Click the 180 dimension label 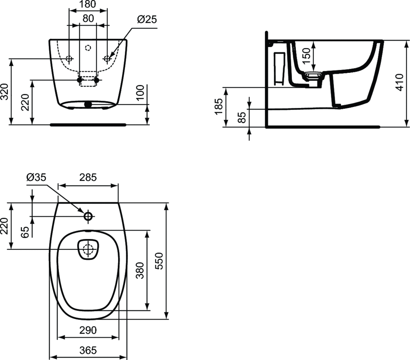(x=88, y=4)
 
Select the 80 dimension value (x=88, y=18)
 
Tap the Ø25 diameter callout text (x=147, y=19)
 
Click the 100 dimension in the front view (x=140, y=92)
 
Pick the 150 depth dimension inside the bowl (x=306, y=55)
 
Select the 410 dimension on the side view (x=399, y=82)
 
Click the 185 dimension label (x=218, y=106)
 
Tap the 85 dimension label (x=242, y=117)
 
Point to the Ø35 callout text (x=36, y=177)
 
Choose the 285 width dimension (x=88, y=177)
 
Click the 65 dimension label (x=25, y=232)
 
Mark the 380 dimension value (x=140, y=270)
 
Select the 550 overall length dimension (x=159, y=261)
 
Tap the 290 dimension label (x=88, y=330)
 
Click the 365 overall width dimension (x=88, y=350)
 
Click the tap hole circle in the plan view (x=88, y=216)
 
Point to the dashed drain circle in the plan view (x=88, y=249)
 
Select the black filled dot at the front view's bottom (x=88, y=105)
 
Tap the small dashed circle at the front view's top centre (x=88, y=48)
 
